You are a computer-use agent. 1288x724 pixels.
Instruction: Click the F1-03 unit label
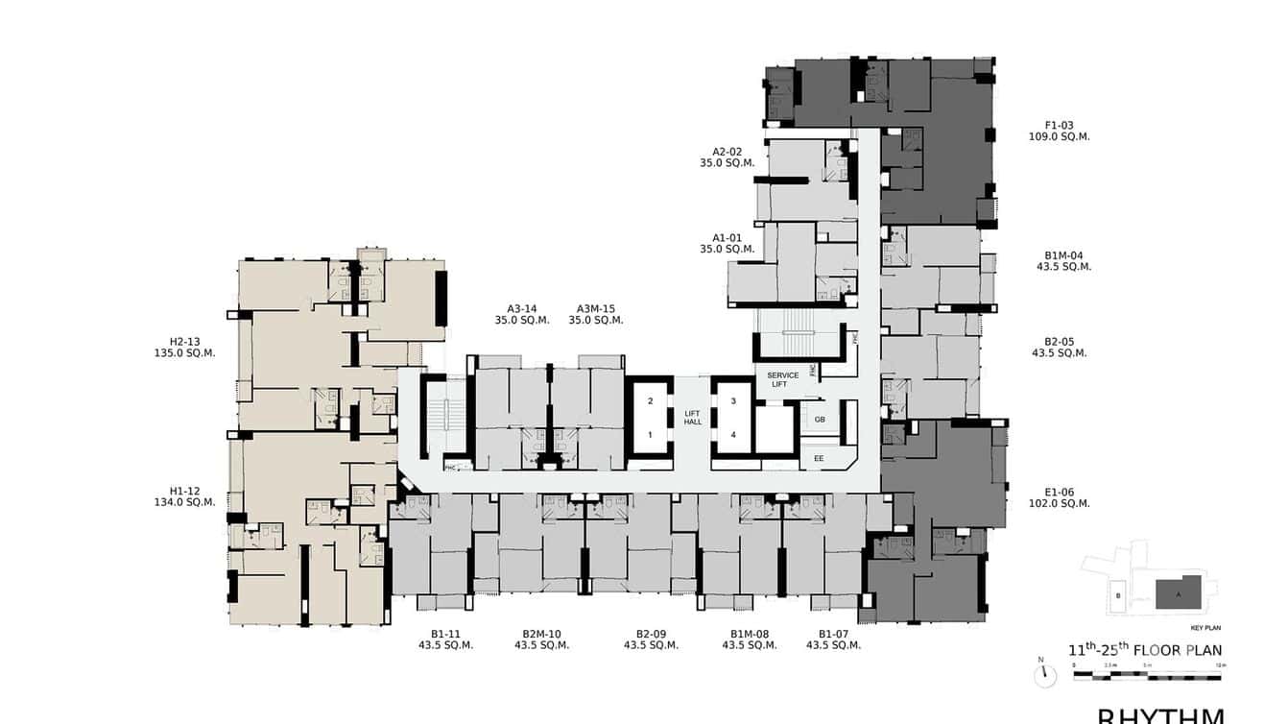tap(1060, 125)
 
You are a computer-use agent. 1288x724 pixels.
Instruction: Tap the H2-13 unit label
tap(184, 341)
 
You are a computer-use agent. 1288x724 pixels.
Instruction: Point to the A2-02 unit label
tap(727, 152)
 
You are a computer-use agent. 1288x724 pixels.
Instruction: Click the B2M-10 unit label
tap(541, 634)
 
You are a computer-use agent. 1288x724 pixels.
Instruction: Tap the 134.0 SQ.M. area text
tap(184, 502)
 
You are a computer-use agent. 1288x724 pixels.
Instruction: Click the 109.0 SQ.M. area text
tap(1060, 136)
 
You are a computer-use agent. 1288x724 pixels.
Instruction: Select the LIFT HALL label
tap(692, 418)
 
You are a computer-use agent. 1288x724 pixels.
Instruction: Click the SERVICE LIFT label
tap(777, 379)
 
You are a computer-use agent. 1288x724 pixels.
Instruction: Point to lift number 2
tap(650, 401)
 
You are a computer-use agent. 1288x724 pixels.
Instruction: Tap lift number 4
tap(733, 434)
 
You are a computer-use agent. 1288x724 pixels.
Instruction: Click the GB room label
tap(820, 420)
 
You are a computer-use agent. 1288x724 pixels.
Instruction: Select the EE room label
tap(819, 459)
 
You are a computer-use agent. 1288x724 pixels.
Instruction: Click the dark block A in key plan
tap(1179, 592)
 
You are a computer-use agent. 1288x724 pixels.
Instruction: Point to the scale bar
tap(1147, 676)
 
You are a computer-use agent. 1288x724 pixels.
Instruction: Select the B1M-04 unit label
tap(1063, 255)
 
